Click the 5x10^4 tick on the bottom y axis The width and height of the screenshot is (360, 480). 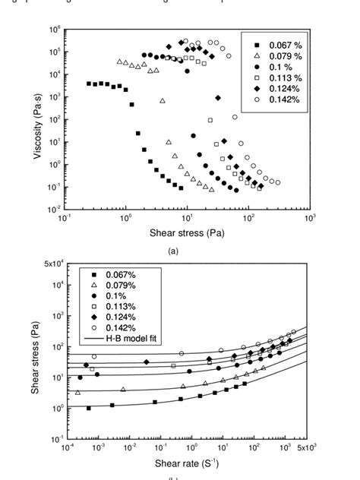pos(52,264)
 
